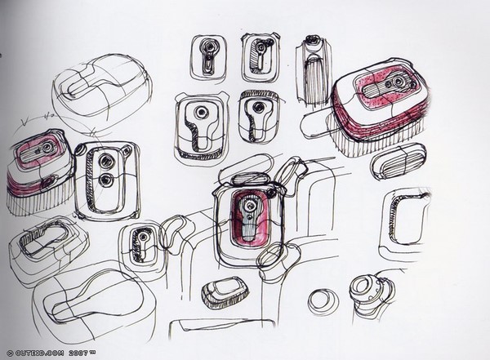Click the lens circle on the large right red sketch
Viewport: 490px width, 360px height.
click(x=398, y=82)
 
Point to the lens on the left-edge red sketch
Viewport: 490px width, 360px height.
click(x=47, y=147)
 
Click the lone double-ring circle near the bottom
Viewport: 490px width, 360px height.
click(x=323, y=301)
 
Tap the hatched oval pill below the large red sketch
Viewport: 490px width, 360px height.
click(x=398, y=162)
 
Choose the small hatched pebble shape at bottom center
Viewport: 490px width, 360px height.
click(x=224, y=291)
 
